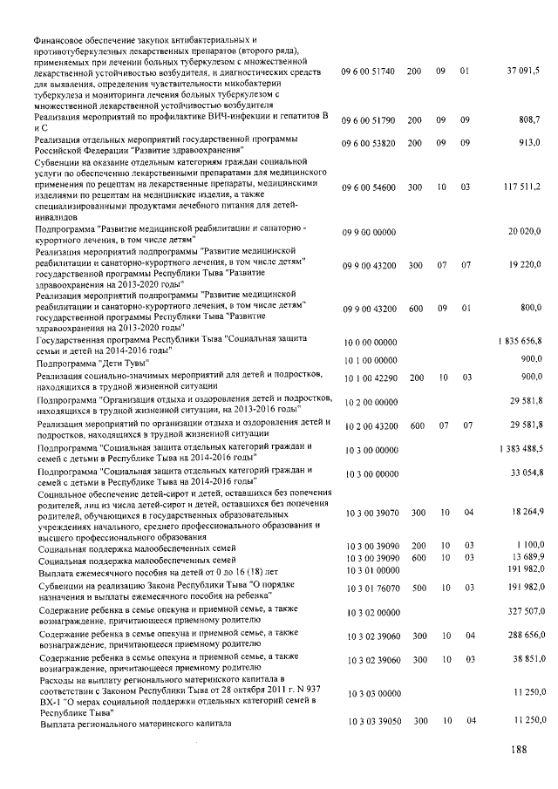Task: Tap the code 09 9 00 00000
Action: (x=370, y=232)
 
